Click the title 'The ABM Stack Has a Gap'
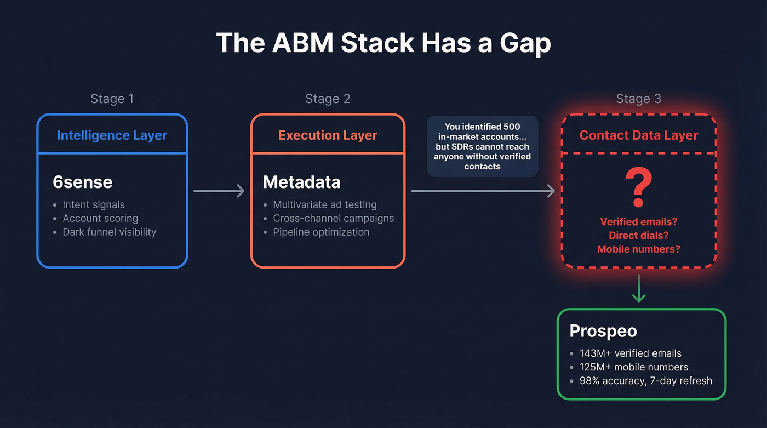[383, 43]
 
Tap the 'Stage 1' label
[112, 99]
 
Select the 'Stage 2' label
[328, 99]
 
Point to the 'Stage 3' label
[638, 99]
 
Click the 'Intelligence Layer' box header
[112, 135]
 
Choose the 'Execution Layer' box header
[328, 135]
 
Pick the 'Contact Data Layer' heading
[638, 135]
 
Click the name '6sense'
[82, 182]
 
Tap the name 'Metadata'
[301, 182]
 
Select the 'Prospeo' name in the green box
[603, 331]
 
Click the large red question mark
[638, 189]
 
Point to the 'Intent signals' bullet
[94, 204]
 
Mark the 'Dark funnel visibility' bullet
[109, 232]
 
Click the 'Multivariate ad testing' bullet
[325, 204]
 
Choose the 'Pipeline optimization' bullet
[321, 232]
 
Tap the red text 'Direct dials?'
[638, 236]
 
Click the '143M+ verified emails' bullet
[630, 353]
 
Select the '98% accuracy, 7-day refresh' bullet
[645, 380]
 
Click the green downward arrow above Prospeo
[638, 290]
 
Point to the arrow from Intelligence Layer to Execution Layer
[219, 191]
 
